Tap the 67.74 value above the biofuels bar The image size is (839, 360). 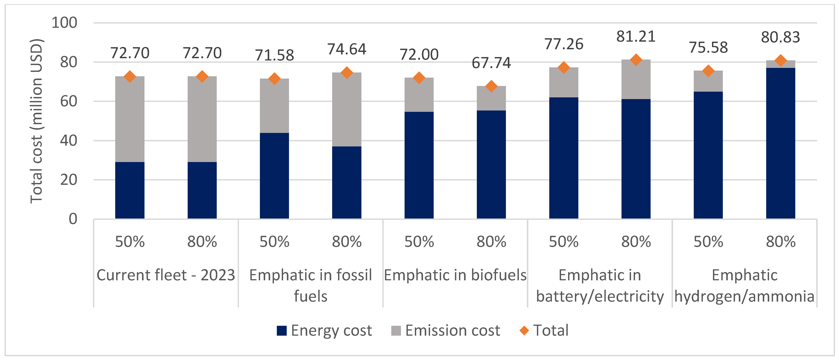coord(491,63)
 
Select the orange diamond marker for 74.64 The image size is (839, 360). coord(347,73)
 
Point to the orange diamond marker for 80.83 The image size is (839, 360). coord(780,61)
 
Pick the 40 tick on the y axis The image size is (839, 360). coord(68,141)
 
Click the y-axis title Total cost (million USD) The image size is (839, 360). coord(37,121)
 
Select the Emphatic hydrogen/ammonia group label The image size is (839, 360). coord(745,285)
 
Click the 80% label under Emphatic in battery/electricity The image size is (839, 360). coord(636,242)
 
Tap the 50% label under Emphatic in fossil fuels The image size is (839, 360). coord(274,242)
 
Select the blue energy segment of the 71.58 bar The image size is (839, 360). coord(274,176)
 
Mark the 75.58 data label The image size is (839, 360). coord(708,48)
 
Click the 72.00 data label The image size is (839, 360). coord(419,54)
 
